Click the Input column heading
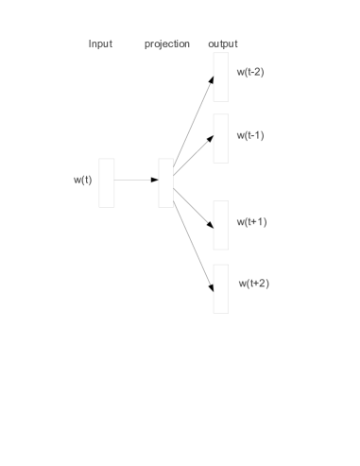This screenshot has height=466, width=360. pos(100,43)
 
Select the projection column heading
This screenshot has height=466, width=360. pos(167,44)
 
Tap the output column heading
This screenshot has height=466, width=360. pos(223,44)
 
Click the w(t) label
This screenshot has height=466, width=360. pos(83,180)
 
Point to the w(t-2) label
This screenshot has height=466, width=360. pos(250,72)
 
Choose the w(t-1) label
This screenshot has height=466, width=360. pos(250,135)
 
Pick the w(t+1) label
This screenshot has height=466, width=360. pos(252,222)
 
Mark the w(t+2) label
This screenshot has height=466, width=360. pos(254,284)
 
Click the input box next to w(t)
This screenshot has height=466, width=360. pos(107,183)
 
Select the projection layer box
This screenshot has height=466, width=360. pos(165,183)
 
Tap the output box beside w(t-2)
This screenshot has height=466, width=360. pos(221,77)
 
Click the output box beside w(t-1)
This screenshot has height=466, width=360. pos(221,138)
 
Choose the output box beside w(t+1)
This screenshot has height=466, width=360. pos(221,225)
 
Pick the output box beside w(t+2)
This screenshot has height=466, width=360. pos(221,289)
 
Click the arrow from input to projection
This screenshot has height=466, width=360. pos(136,180)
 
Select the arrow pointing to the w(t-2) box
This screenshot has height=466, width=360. pos(194,120)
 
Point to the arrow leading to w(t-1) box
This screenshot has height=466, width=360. pos(194,155)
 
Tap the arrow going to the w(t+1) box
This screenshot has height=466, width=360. pos(194,208)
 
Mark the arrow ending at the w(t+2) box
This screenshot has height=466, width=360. pos(194,247)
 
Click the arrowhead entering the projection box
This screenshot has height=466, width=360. pos(155,180)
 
